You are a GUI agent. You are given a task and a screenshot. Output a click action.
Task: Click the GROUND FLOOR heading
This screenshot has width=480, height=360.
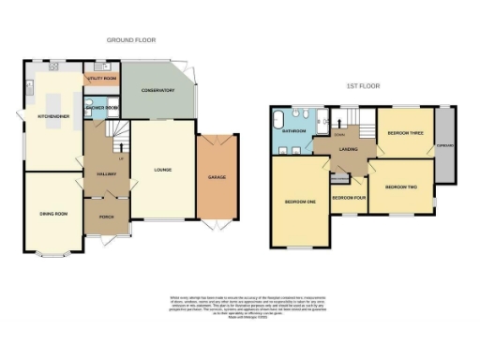pyautogui.click(x=130, y=40)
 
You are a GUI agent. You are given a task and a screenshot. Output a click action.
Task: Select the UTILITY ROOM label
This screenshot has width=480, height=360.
pyautogui.click(x=101, y=79)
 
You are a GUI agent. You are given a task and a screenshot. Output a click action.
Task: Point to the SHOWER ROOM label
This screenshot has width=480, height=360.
pyautogui.click(x=101, y=108)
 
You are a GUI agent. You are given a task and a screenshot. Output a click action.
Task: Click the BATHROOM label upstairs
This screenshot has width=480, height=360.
pyautogui.click(x=295, y=130)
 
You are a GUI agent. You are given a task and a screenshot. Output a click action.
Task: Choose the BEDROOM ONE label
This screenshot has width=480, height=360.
pyautogui.click(x=300, y=201)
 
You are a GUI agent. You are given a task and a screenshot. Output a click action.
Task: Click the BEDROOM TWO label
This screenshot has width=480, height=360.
pyautogui.click(x=401, y=187)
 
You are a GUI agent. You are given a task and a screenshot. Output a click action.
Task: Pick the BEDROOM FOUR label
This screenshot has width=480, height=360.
pyautogui.click(x=348, y=198)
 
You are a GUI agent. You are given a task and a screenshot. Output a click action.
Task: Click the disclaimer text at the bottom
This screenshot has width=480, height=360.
pyautogui.click(x=239, y=306)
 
